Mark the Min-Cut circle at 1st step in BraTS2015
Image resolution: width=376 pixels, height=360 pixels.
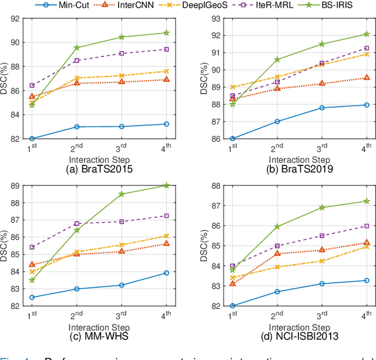tap(32, 139)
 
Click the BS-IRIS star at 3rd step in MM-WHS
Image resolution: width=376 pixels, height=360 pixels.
tap(122, 194)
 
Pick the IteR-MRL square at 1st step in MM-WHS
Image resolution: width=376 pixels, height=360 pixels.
tap(32, 247)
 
